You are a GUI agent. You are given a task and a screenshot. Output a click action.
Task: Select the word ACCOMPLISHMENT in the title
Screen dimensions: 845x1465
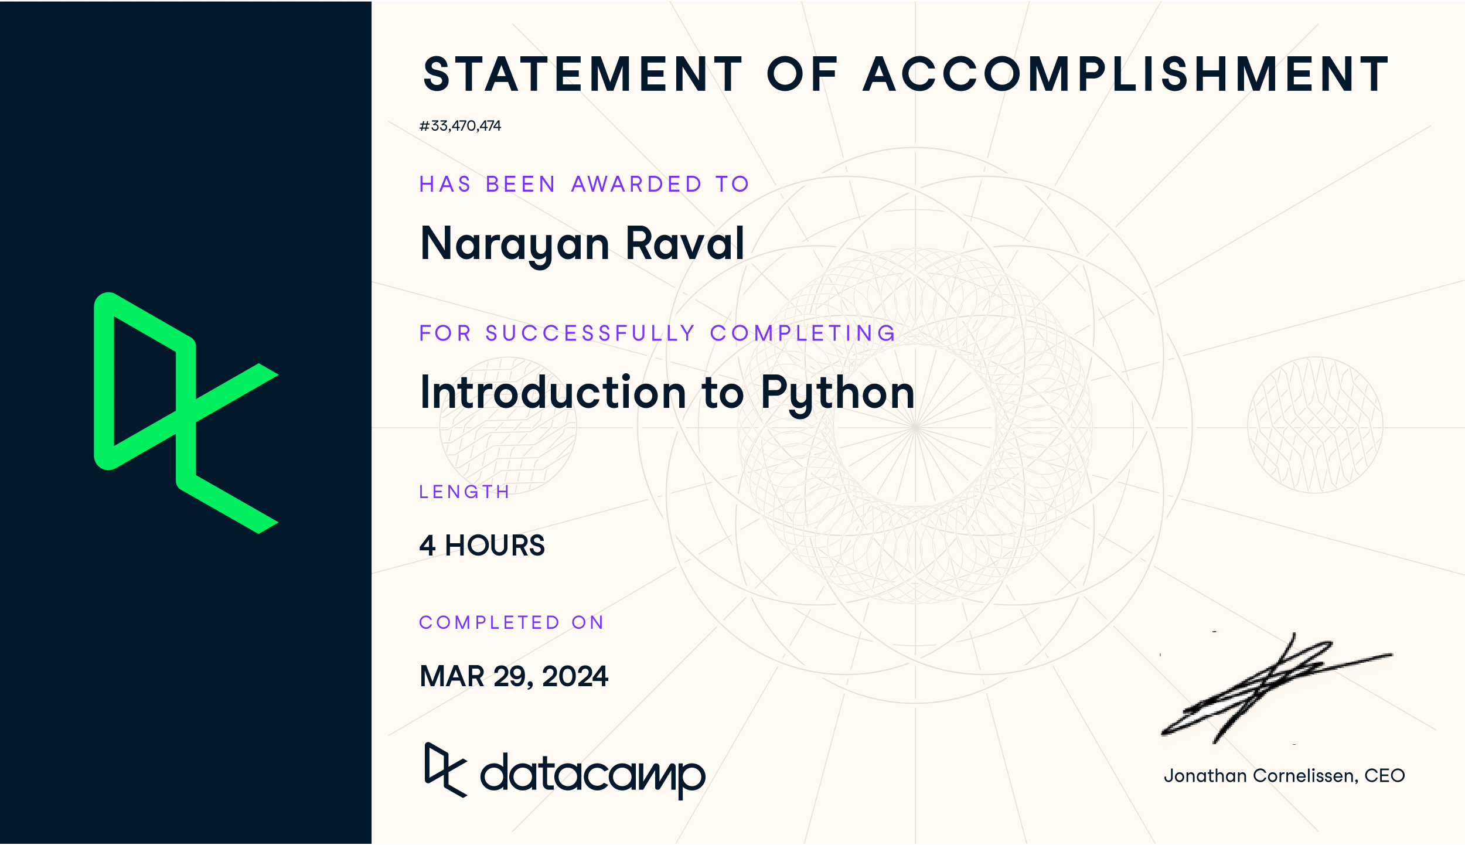pyautogui.click(x=1126, y=74)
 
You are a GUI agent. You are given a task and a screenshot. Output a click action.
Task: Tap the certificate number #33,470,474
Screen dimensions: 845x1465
pyautogui.click(x=460, y=126)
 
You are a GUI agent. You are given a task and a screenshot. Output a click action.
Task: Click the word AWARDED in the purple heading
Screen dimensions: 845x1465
pyautogui.click(x=636, y=184)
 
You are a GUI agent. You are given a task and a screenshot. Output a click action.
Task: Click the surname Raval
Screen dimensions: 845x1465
pyautogui.click(x=684, y=243)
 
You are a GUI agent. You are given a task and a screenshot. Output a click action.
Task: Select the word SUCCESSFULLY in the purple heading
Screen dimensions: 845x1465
pyautogui.click(x=590, y=333)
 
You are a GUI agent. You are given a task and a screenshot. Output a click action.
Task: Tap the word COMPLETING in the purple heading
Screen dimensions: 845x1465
pyautogui.click(x=802, y=333)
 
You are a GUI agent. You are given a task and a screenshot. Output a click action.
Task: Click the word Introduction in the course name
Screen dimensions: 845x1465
pyautogui.click(x=553, y=393)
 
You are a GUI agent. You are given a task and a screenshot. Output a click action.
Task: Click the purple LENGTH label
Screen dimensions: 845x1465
pyautogui.click(x=464, y=492)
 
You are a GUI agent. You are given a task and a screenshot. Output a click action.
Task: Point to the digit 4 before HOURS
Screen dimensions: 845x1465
pyautogui.click(x=427, y=546)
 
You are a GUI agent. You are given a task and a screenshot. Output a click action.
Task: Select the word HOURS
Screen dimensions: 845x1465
pyautogui.click(x=495, y=546)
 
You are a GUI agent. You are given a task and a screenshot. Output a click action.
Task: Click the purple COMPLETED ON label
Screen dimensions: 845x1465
pyautogui.click(x=511, y=622)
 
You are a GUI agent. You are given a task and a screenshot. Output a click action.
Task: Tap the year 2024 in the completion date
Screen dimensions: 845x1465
pyautogui.click(x=575, y=676)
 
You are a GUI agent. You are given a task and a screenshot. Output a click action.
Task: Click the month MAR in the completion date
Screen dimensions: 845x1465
pyautogui.click(x=452, y=676)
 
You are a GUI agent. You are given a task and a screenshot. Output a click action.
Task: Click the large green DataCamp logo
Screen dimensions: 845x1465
pyautogui.click(x=186, y=413)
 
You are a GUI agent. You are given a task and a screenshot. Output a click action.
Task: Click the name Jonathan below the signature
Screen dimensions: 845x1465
pyautogui.click(x=1205, y=776)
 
